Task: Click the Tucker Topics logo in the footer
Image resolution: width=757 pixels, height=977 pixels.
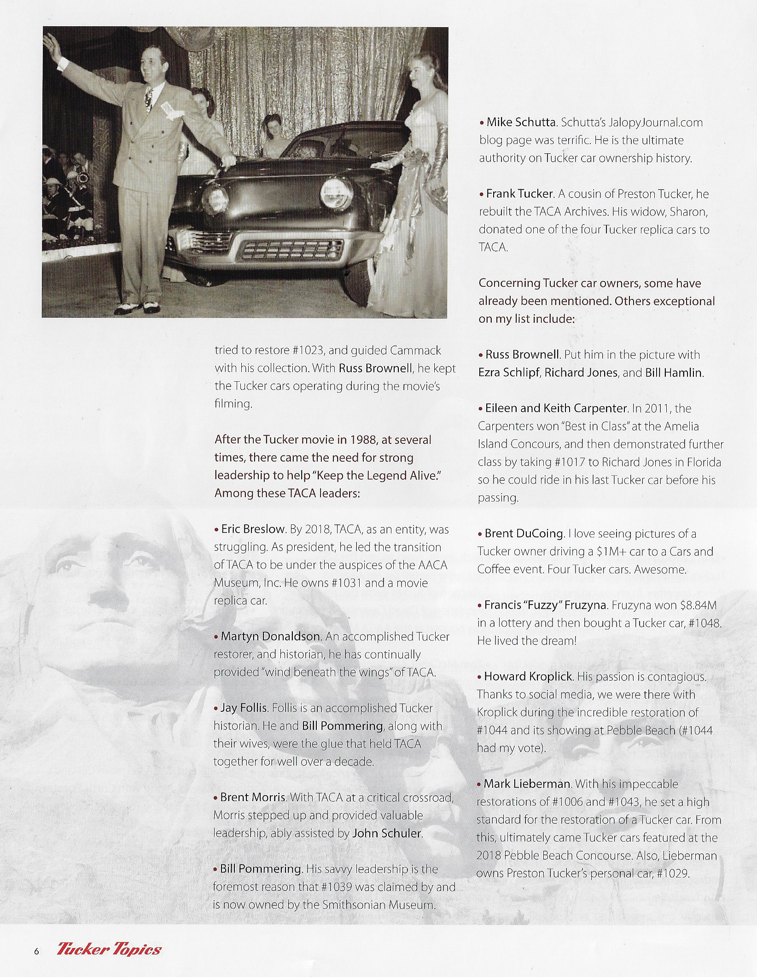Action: click(109, 949)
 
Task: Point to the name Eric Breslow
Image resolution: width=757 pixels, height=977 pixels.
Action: click(253, 529)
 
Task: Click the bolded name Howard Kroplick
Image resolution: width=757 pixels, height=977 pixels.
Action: click(528, 676)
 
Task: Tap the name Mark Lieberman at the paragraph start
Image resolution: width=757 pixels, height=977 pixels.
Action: click(527, 784)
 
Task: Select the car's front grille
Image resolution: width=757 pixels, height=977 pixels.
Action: click(290, 251)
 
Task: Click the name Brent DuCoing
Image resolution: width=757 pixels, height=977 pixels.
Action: click(524, 533)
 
